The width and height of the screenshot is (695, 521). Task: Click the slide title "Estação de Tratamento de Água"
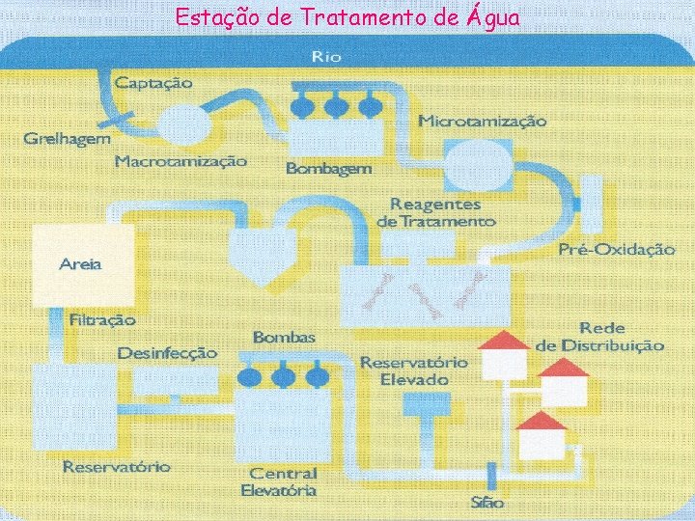coord(347,16)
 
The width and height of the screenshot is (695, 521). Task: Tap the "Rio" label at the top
coord(325,57)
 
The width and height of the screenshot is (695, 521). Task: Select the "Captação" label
coord(153,82)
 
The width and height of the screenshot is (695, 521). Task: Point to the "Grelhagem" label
coord(67,139)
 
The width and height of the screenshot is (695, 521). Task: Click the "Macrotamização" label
coord(181,161)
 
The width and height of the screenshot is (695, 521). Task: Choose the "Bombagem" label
coord(328,168)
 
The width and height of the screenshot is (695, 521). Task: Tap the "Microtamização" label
coord(482,122)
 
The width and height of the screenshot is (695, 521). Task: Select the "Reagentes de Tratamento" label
coord(435,212)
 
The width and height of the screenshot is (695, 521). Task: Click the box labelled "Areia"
coord(83,263)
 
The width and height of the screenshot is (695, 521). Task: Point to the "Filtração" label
coord(102,318)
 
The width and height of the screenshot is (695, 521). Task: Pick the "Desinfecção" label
coord(167,353)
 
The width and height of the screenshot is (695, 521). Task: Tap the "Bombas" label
coord(284,337)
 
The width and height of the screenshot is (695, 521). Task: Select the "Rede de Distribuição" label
coord(600,337)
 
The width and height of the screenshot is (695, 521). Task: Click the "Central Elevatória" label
coord(283,481)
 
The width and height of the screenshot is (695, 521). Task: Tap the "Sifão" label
coord(487,503)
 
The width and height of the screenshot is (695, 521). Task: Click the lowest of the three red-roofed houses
coord(542,436)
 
